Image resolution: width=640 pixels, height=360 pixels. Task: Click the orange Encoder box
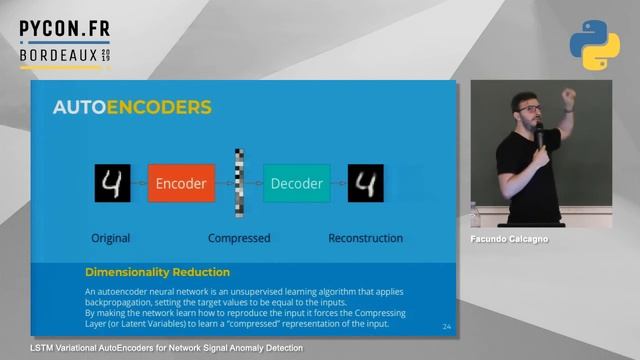[181, 184]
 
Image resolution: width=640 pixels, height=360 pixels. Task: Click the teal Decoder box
[296, 184]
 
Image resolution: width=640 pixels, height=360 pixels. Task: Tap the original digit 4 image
[112, 184]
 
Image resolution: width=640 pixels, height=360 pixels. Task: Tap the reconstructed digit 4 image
[366, 184]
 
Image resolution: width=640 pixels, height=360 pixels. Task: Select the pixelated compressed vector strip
[239, 182]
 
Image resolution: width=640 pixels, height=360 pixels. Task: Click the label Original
[111, 239]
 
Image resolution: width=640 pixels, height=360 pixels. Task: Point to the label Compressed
[239, 239]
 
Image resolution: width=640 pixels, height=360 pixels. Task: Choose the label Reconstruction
[366, 239]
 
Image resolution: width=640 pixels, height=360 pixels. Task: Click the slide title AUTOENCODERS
[132, 107]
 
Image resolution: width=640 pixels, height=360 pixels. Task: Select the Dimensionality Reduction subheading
[157, 272]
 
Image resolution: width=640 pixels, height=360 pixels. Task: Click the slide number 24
[446, 327]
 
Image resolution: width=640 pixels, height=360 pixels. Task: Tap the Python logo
[594, 45]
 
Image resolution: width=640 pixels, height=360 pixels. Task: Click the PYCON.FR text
[64, 31]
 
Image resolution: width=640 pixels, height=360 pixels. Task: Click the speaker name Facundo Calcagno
[509, 240]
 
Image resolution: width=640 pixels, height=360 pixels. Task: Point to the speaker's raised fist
[568, 98]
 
